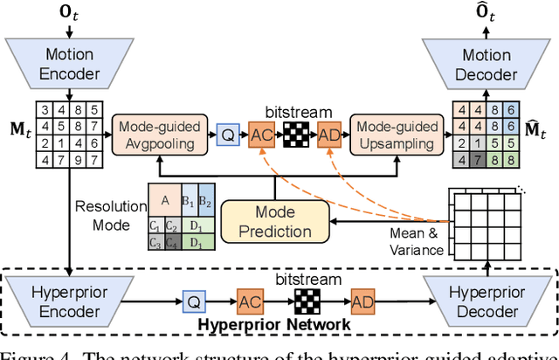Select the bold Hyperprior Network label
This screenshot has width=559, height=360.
point(274,325)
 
